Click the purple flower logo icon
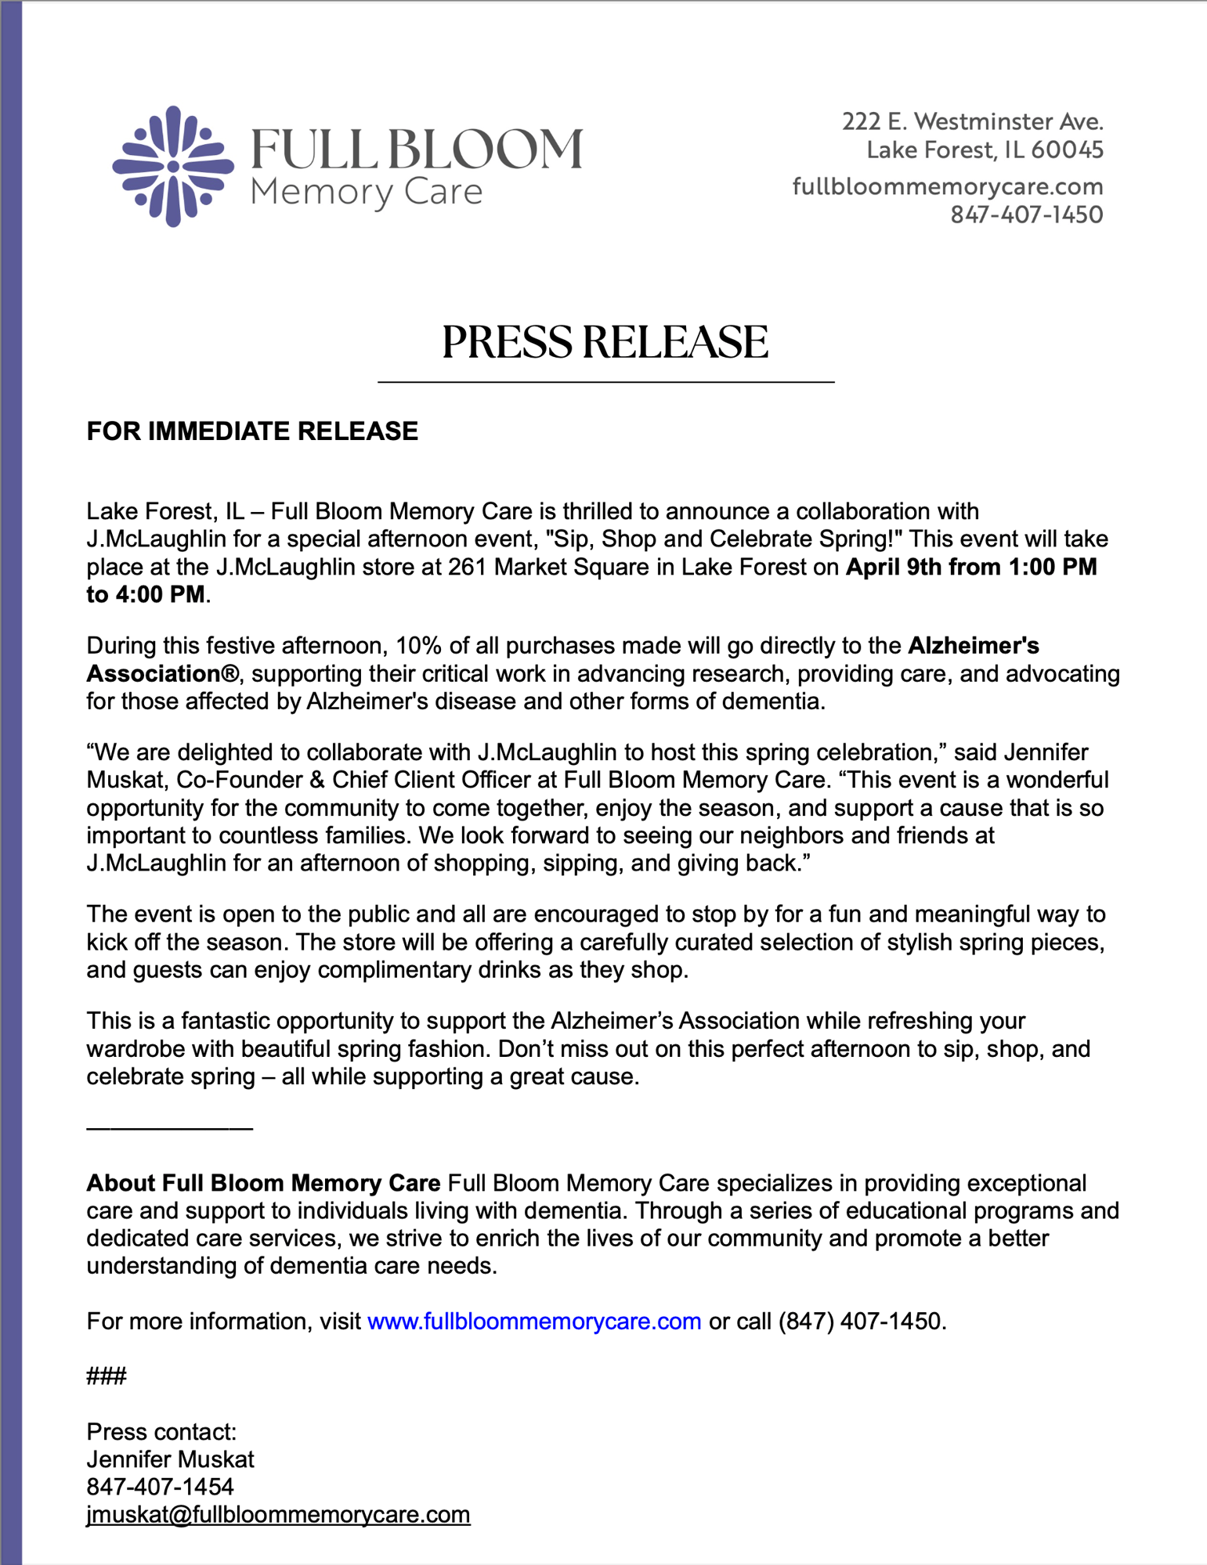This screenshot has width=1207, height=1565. pyautogui.click(x=173, y=166)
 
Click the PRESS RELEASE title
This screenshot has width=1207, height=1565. pyautogui.click(x=605, y=343)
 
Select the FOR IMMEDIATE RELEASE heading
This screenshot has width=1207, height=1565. pyautogui.click(x=252, y=431)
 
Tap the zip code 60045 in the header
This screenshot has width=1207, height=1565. pyautogui.click(x=1067, y=150)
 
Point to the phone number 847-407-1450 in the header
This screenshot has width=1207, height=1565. pyautogui.click(x=1026, y=215)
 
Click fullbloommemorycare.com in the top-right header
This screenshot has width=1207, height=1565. pyautogui.click(x=948, y=186)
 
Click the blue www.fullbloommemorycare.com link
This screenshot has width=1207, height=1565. pyautogui.click(x=534, y=1322)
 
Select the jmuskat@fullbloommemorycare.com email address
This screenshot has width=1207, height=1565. pyautogui.click(x=278, y=1515)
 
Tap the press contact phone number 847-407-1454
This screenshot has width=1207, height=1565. pyautogui.click(x=160, y=1487)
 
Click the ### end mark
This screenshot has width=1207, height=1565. pyautogui.click(x=107, y=1376)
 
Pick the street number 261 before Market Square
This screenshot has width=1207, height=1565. pyautogui.click(x=468, y=567)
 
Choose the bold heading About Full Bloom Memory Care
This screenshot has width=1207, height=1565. pyautogui.click(x=263, y=1183)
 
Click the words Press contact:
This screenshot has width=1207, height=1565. pyautogui.click(x=161, y=1432)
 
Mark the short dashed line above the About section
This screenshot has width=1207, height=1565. pyautogui.click(x=169, y=1127)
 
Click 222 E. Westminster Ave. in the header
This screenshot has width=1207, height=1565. pyautogui.click(x=972, y=121)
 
